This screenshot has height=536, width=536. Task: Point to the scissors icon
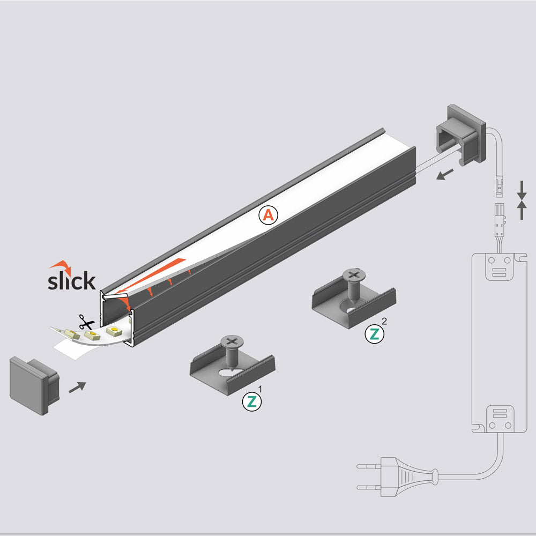85,322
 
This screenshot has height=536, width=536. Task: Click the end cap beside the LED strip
33,385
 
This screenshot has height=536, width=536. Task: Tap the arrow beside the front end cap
77,387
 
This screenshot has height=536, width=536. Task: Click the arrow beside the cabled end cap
445,174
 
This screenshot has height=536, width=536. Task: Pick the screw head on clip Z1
232,341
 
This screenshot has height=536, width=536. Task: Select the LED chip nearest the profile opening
114,331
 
